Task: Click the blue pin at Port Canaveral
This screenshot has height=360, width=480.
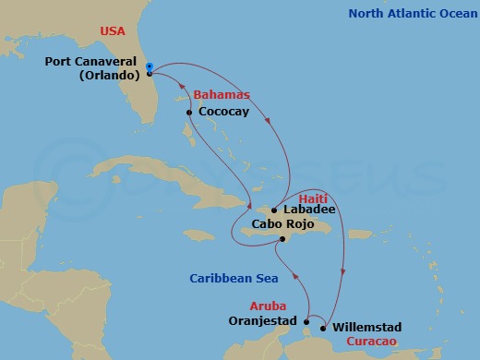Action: (x=150, y=67)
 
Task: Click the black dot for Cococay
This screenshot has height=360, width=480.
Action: (x=188, y=113)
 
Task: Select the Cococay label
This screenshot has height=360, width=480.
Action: (x=225, y=113)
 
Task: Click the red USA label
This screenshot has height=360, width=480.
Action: (x=114, y=30)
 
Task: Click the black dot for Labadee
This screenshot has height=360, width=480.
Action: (x=274, y=210)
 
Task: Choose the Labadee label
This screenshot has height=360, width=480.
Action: (x=309, y=210)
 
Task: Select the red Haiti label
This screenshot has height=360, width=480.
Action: (x=314, y=198)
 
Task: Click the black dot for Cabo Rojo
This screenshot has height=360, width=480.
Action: (x=282, y=239)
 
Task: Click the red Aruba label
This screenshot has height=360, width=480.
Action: (x=268, y=306)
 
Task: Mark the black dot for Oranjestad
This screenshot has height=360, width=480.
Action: (x=306, y=322)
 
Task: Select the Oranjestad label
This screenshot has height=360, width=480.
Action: (x=263, y=322)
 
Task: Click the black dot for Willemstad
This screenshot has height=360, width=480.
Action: (x=322, y=328)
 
